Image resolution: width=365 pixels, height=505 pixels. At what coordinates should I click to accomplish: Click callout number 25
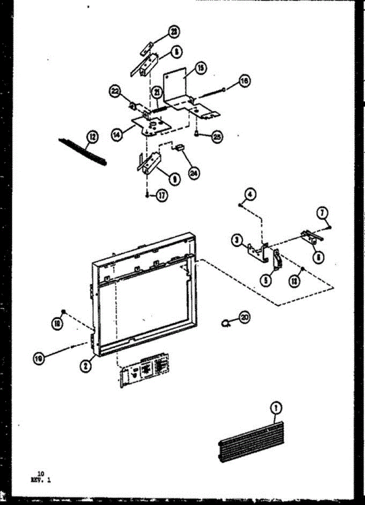[217, 137]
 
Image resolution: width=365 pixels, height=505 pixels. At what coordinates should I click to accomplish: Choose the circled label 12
[91, 136]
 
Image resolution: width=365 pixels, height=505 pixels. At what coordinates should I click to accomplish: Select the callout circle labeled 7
[323, 214]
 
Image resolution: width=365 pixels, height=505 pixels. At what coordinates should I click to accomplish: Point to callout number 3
[237, 241]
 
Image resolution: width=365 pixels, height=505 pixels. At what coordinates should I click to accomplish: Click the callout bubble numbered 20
[244, 317]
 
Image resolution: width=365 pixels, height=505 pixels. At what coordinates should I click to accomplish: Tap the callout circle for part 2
[85, 366]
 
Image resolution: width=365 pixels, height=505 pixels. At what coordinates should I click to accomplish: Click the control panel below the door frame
[143, 371]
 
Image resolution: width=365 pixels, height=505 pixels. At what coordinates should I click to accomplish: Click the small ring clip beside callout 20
[227, 323]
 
